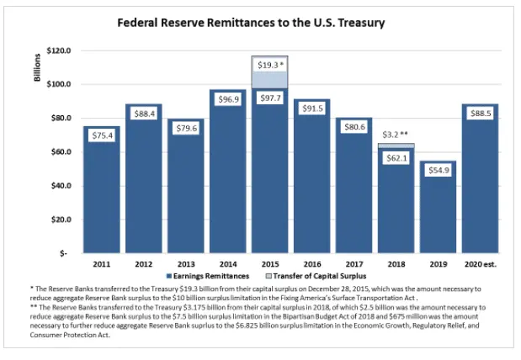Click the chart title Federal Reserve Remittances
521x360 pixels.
point(250,23)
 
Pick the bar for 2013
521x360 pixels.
point(185,202)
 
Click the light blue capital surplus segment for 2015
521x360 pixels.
point(268,79)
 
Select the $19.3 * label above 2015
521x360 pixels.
point(269,64)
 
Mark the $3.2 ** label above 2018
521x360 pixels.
point(395,134)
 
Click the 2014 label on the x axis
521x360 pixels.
point(226,262)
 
